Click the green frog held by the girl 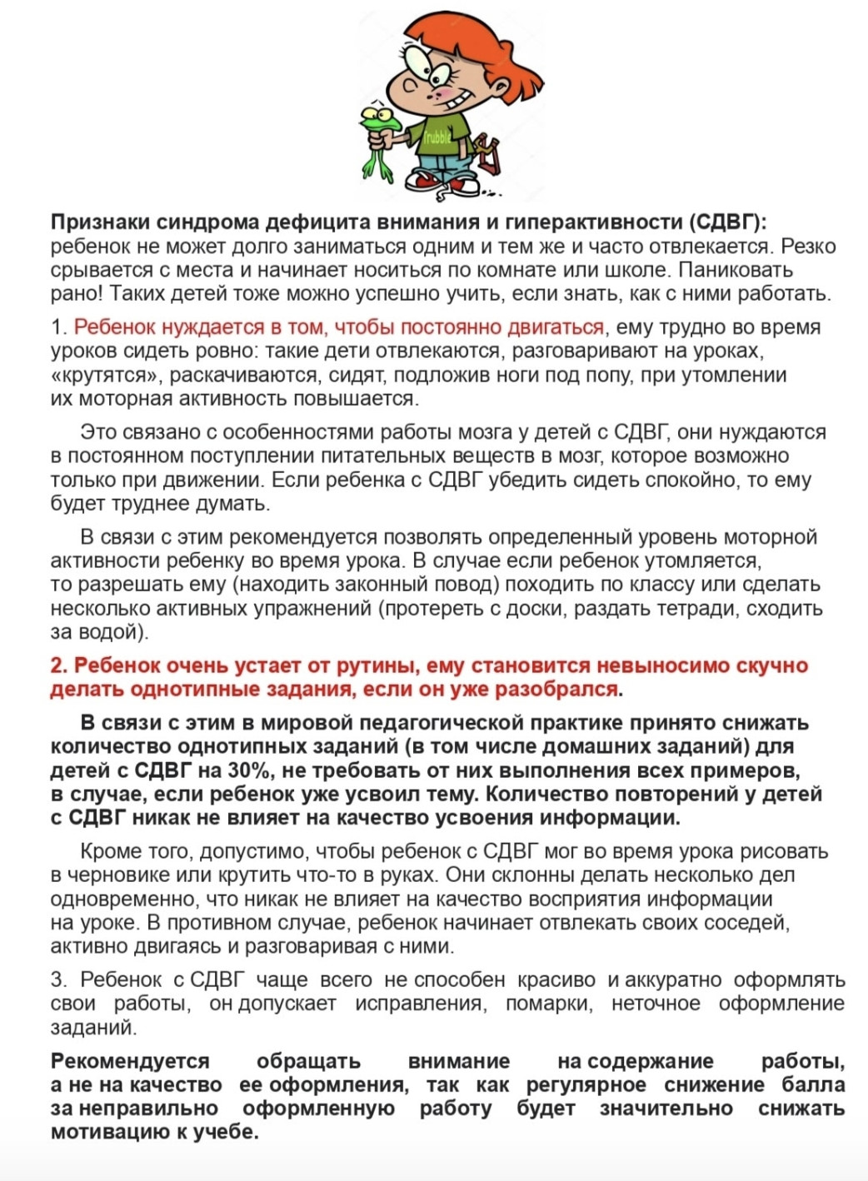[379, 137]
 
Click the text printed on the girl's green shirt [436, 137]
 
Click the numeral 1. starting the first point [58, 327]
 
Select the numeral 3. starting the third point [58, 979]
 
